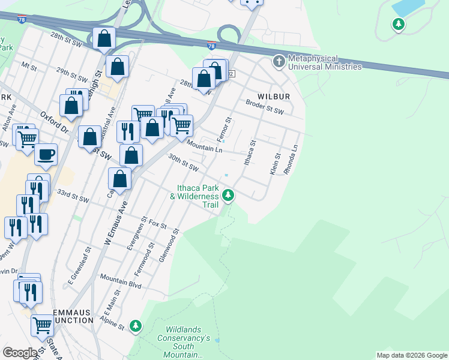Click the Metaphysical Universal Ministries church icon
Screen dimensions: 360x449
pos(279,61)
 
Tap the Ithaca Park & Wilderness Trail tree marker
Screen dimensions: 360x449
pos(228,194)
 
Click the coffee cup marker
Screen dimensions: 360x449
pos(46,155)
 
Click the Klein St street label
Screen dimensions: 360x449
pos(275,163)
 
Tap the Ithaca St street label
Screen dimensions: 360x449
pos(249,153)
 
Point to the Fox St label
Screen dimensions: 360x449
pos(158,224)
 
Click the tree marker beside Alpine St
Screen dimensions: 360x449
pos(136,326)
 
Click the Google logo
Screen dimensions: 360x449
pos(20,353)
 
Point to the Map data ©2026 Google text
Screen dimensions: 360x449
pos(411,355)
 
